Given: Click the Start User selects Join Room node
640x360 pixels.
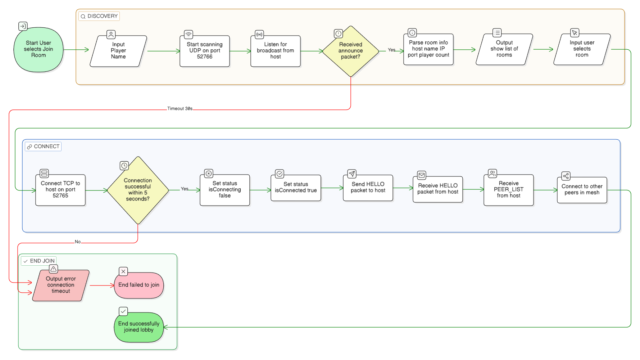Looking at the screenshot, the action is [x=38, y=49].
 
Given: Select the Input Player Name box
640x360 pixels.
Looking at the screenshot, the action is [x=118, y=51].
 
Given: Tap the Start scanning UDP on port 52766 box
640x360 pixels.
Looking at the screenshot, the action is [x=205, y=51].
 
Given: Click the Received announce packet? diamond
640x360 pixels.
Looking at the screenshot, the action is [x=351, y=51].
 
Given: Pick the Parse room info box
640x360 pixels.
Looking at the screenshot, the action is [x=428, y=49].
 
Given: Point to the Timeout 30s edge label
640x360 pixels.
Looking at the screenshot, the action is [x=180, y=108].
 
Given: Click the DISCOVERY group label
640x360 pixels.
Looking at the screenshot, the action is [x=99, y=16].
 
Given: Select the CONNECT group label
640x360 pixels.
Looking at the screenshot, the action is [x=43, y=147].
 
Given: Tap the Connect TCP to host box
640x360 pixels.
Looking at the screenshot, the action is [x=60, y=190].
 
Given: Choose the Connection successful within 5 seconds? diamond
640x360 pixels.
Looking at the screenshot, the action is [x=138, y=190].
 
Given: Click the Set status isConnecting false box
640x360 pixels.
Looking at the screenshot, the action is [x=225, y=190].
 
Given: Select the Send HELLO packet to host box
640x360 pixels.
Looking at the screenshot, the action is [x=368, y=188].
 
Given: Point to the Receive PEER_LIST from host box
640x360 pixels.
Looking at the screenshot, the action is [x=509, y=190].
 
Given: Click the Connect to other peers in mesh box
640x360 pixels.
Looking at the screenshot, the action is [x=582, y=190].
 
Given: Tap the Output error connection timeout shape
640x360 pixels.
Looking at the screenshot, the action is [x=61, y=285].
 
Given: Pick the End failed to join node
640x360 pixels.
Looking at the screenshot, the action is [x=139, y=285].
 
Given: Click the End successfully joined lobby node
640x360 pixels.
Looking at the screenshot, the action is [x=139, y=327].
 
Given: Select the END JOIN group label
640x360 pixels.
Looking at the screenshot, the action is [x=39, y=261].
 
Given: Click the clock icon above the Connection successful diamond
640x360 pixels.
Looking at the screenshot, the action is [x=124, y=166].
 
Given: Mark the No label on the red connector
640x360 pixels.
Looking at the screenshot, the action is [x=78, y=242].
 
